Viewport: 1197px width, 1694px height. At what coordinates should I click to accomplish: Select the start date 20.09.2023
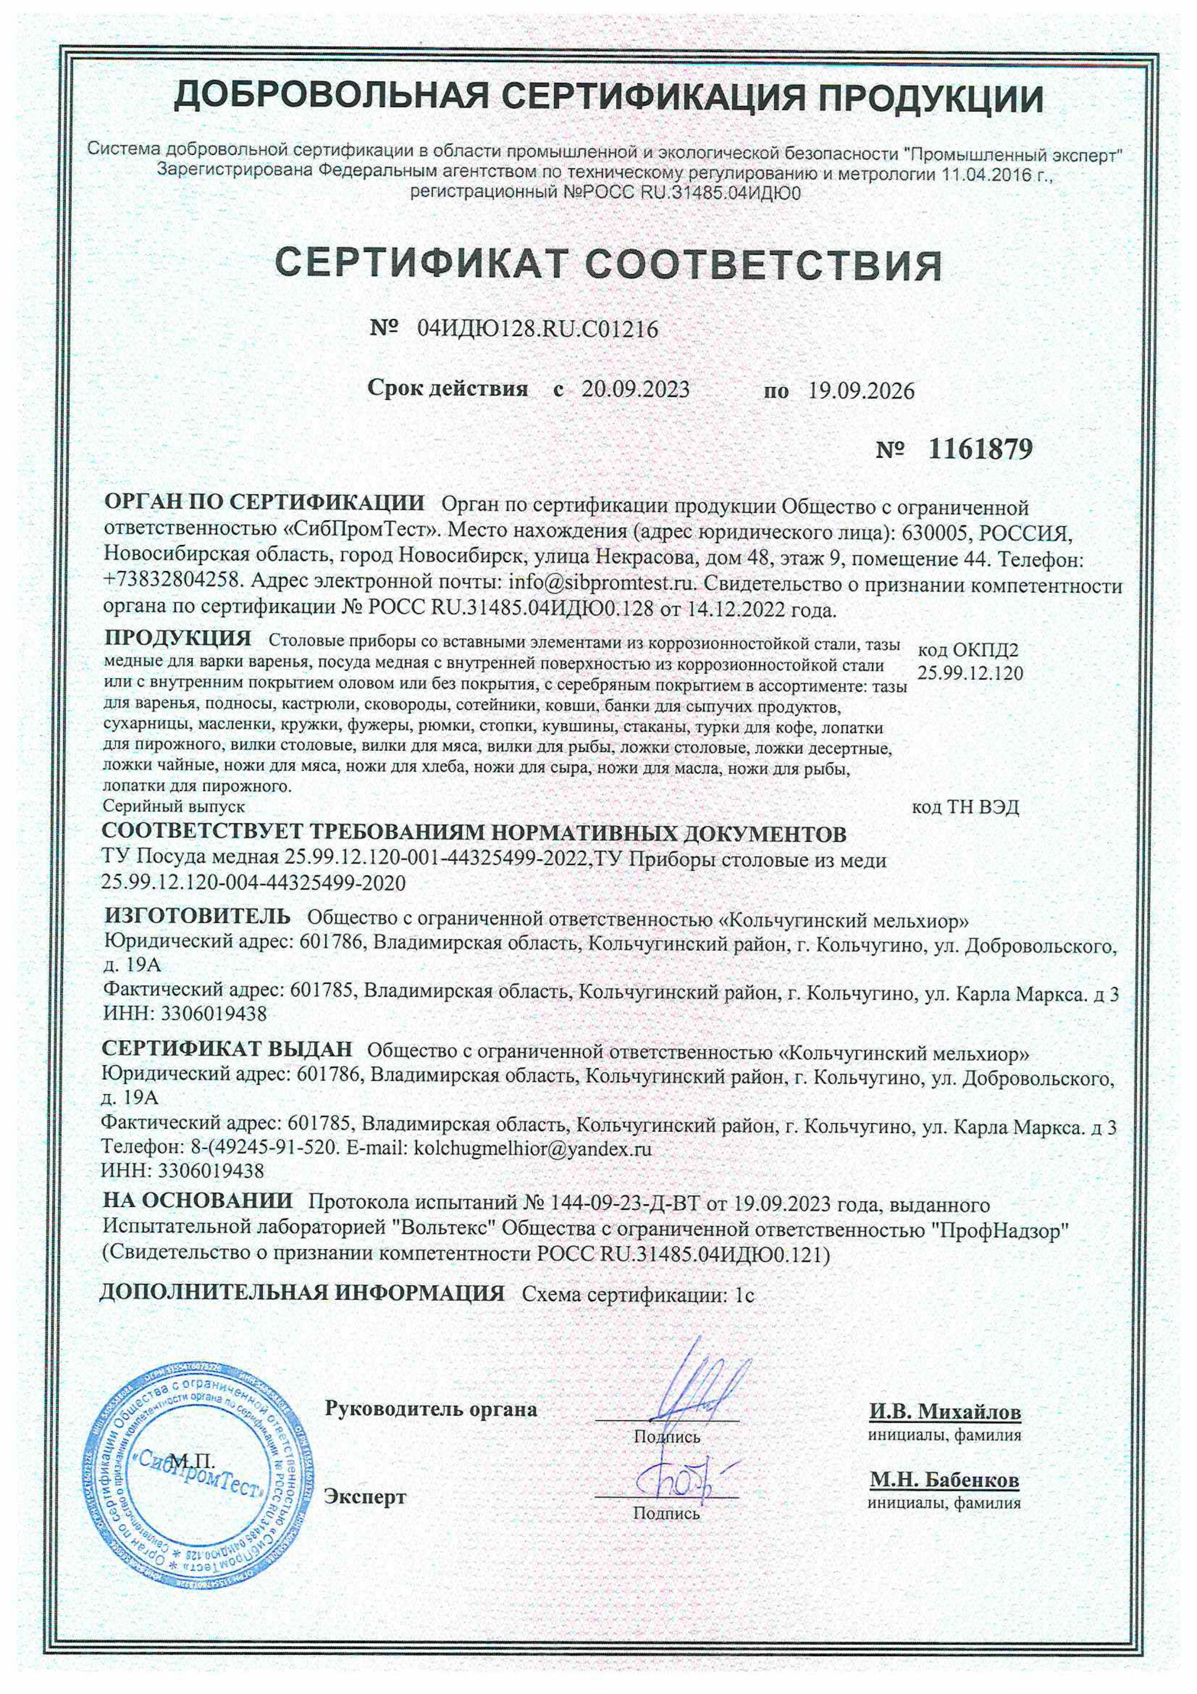(x=635, y=390)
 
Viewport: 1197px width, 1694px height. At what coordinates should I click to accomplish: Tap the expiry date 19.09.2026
(x=861, y=391)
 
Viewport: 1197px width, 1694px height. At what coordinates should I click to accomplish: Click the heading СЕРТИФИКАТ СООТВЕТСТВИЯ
(x=609, y=265)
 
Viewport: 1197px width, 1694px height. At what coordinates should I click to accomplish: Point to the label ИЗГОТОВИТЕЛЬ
(x=197, y=917)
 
